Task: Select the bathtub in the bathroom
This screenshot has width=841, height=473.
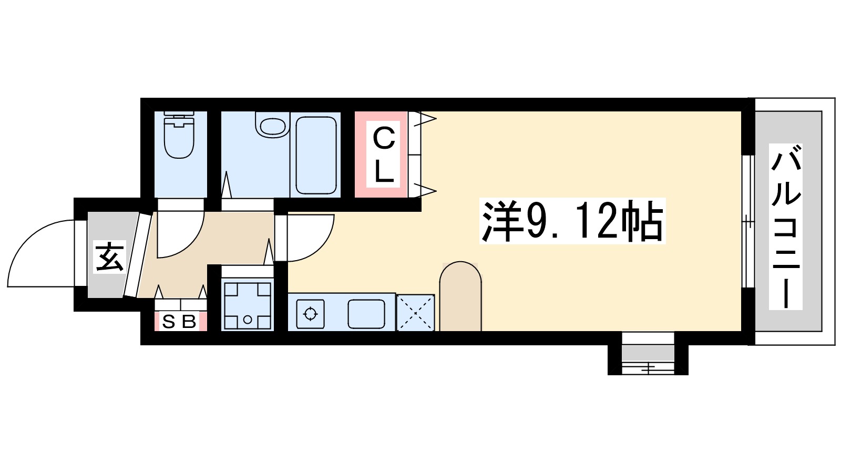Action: [x=316, y=155]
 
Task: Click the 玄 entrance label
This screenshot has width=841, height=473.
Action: [x=109, y=257]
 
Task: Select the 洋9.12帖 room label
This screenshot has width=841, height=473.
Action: [x=572, y=221]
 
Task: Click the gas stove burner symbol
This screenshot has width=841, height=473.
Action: [x=310, y=314]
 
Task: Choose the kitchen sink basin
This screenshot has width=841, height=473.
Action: [x=366, y=314]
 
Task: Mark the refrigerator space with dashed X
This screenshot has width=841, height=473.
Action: [x=415, y=313]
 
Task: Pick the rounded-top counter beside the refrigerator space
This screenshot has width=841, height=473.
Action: [x=460, y=297]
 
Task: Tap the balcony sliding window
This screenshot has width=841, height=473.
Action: [x=747, y=221]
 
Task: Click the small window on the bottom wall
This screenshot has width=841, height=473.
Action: [x=648, y=360]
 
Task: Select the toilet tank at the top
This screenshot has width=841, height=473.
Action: [x=179, y=115]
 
